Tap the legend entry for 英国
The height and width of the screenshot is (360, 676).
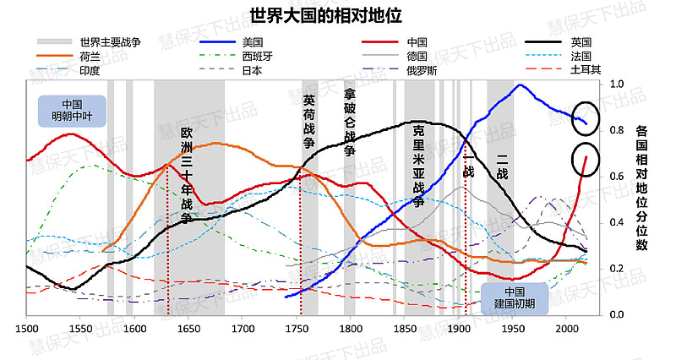[581, 41]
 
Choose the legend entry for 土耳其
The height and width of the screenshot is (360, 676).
[586, 70]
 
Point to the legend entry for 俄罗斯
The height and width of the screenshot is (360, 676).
[422, 70]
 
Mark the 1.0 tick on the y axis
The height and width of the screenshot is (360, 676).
[617, 85]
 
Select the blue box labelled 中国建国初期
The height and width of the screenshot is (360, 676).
[515, 297]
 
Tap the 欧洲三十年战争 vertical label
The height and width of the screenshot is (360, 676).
[187, 175]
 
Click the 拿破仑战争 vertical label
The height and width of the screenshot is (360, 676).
[350, 122]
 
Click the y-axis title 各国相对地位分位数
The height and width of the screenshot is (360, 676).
[641, 188]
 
